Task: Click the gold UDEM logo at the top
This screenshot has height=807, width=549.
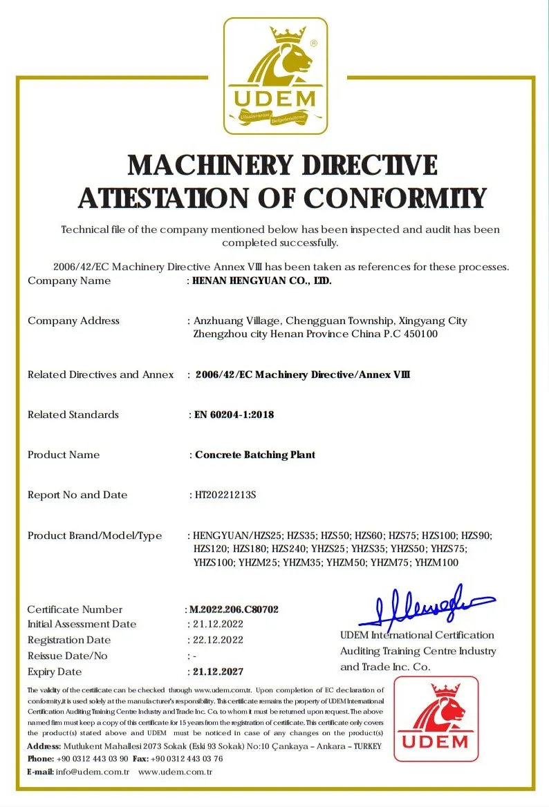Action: coord(275,76)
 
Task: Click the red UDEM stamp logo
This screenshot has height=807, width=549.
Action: coord(436,719)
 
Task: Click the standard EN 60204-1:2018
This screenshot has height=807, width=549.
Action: coord(234,415)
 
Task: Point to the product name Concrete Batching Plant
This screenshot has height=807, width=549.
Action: coord(255,455)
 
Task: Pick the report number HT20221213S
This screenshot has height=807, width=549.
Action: coord(226,495)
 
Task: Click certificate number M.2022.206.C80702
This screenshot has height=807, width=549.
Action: coord(234,609)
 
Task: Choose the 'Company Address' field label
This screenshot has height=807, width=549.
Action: coord(73,321)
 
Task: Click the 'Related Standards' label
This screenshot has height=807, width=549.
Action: coord(73,415)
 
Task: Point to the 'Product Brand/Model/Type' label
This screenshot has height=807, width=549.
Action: coord(95,535)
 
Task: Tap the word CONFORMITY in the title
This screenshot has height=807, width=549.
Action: coord(396,198)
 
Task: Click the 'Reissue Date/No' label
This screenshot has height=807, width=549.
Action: coord(68,656)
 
